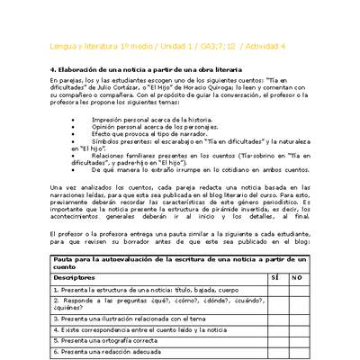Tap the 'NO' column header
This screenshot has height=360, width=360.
pos(297,278)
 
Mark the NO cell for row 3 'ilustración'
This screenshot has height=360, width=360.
pos(297,319)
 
